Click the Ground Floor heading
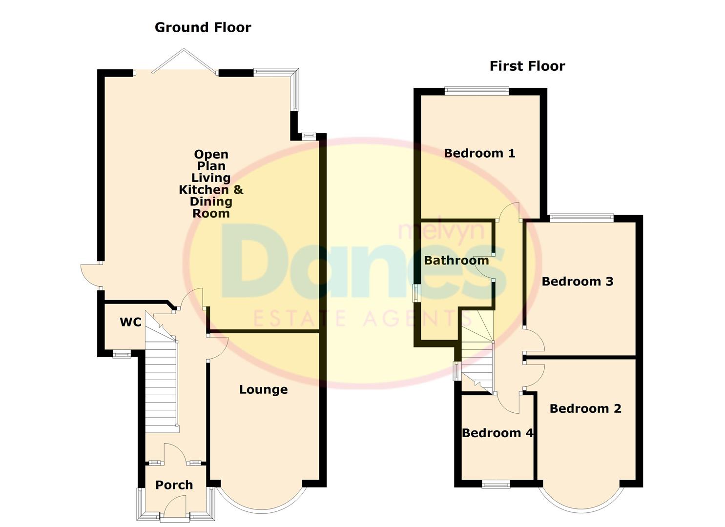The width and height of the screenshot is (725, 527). tap(203, 27)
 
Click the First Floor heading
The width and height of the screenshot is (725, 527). tap(527, 66)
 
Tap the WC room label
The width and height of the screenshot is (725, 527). tap(130, 322)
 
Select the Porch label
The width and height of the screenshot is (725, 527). tap(174, 485)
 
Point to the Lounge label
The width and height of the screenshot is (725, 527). tap(263, 389)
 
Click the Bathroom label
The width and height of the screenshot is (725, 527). tap(456, 261)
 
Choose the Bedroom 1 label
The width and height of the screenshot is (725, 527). tap(479, 153)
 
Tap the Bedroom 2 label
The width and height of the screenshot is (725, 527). tap(585, 408)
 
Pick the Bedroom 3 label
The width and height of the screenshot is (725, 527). tap(577, 282)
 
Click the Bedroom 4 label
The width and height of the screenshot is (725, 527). tap(497, 433)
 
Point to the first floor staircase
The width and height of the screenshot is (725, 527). tap(477, 351)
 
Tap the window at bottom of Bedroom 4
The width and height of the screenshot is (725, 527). tap(496, 484)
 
